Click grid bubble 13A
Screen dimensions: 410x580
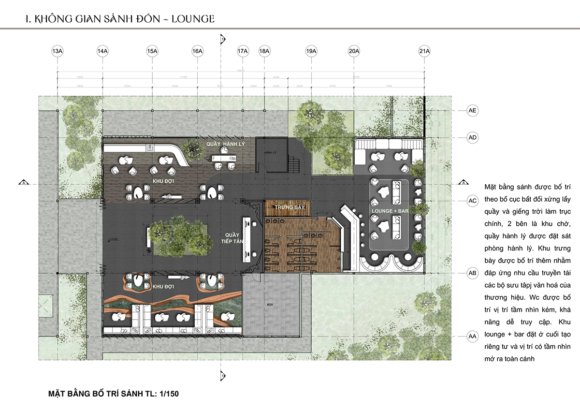(x=57, y=51)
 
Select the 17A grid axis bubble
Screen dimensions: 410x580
(x=243, y=51)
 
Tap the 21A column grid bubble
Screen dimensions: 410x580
(x=424, y=51)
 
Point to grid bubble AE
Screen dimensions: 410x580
(x=473, y=111)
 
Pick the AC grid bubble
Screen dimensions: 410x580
(x=473, y=200)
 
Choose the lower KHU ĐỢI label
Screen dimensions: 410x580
(x=163, y=287)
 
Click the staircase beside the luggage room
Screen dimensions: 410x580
(x=293, y=164)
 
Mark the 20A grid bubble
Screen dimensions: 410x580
(x=354, y=51)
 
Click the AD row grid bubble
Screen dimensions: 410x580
(x=473, y=138)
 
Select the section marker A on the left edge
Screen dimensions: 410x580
(x=22, y=183)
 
